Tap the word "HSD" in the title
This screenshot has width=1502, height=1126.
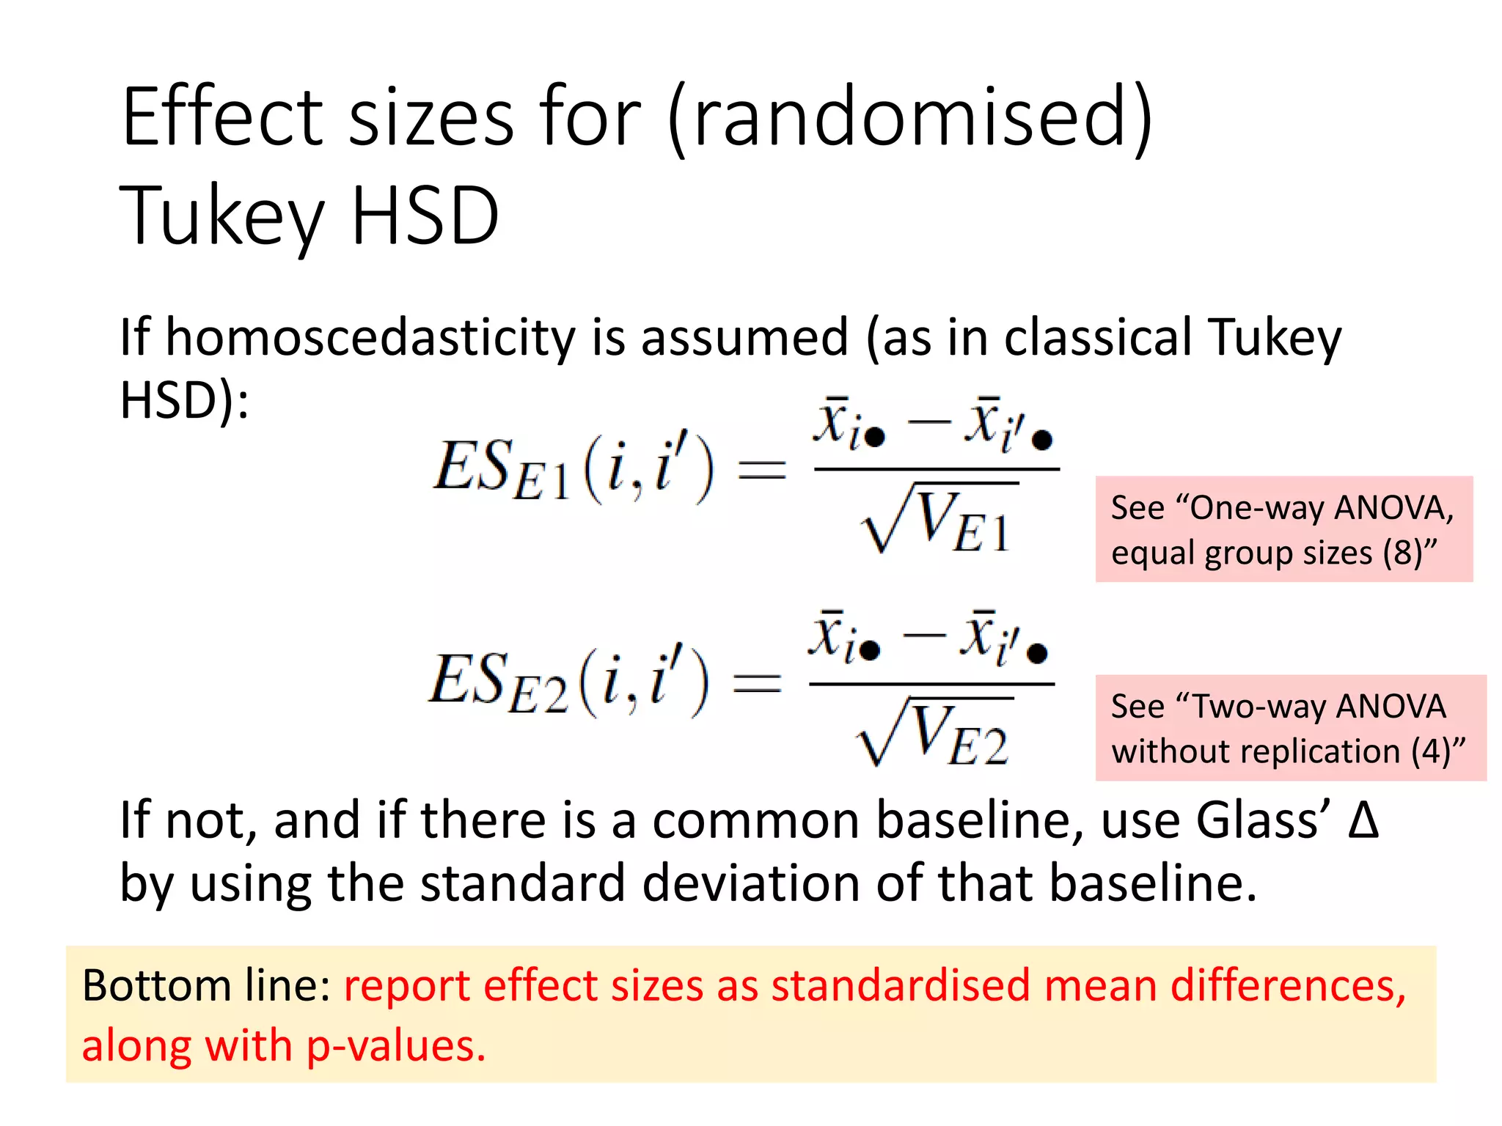tap(425, 216)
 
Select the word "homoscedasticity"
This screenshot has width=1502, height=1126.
tap(370, 338)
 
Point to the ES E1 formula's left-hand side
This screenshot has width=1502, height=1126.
tap(573, 470)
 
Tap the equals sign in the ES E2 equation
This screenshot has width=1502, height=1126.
tap(758, 684)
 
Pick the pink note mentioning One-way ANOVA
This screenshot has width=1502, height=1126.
tap(1283, 529)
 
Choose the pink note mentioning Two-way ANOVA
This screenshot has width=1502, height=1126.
tap(1290, 728)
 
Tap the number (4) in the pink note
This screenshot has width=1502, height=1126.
tap(1431, 751)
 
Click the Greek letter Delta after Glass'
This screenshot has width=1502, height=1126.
tap(1363, 820)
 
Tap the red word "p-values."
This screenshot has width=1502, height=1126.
tap(395, 1046)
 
